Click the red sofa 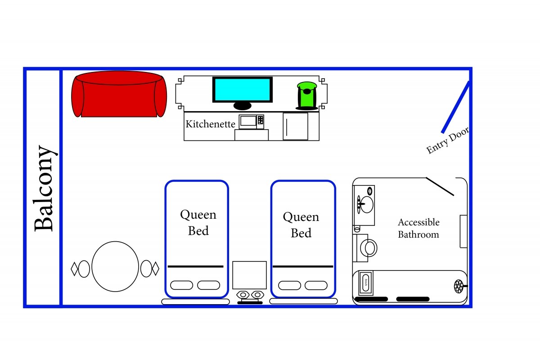[119, 94]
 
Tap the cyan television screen [243, 90]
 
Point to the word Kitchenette [210, 124]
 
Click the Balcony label [44, 188]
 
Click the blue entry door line [455, 108]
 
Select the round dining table [115, 266]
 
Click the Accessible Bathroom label [418, 228]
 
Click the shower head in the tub [459, 286]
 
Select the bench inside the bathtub [366, 283]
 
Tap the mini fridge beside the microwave [296, 126]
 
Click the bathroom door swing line [440, 187]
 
